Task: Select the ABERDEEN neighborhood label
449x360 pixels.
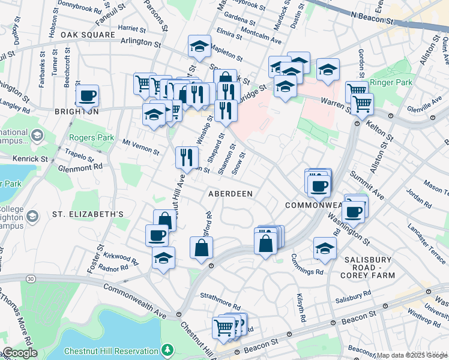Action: [x=230, y=194]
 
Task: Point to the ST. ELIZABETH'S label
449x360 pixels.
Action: [x=88, y=214]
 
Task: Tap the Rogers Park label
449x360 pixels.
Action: [x=91, y=137]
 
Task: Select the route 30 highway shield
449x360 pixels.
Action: [x=31, y=278]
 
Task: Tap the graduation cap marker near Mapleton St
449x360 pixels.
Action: [x=198, y=46]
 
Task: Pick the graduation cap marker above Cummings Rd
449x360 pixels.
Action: [x=325, y=247]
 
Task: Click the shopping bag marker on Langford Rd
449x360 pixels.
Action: [x=201, y=247]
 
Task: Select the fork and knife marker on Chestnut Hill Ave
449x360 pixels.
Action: [x=187, y=157]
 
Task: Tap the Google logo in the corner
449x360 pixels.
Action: [x=20, y=353]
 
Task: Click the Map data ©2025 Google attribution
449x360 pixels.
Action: [x=411, y=355]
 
